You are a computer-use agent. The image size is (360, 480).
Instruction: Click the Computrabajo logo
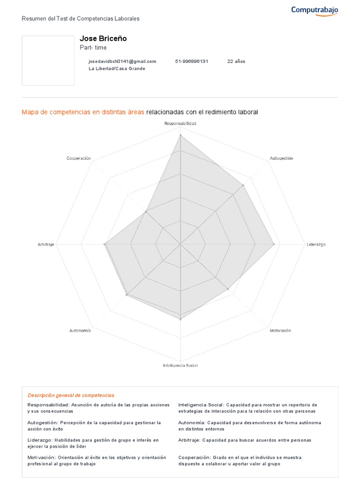[315, 10]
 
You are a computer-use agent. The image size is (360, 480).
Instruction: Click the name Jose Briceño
[103, 38]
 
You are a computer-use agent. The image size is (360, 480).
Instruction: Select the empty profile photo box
[48, 60]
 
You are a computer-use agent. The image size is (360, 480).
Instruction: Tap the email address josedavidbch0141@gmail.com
[122, 61]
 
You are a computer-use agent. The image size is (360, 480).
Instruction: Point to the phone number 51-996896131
[192, 61]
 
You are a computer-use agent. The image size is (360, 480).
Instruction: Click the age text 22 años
[236, 61]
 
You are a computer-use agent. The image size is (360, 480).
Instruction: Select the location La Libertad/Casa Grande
[117, 68]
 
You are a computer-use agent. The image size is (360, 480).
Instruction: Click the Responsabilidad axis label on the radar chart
[180, 123]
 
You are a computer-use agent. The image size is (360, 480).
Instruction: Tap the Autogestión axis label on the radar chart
[281, 158]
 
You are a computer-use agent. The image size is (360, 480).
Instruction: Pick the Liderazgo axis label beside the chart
[316, 245]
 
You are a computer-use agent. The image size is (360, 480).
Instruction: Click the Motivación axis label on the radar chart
[280, 330]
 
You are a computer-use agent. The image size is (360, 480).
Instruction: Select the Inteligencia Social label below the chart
[180, 365]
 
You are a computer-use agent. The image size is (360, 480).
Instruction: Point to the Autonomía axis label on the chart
[80, 330]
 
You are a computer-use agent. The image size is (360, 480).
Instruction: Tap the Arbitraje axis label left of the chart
[46, 245]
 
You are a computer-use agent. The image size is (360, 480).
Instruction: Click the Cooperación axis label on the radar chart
[79, 158]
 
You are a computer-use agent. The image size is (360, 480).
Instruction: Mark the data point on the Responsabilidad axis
[180, 135]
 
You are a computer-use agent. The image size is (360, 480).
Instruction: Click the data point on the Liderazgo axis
[274, 244]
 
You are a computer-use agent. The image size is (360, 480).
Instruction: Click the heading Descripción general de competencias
[71, 395]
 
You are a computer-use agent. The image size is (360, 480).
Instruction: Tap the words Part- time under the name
[93, 48]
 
